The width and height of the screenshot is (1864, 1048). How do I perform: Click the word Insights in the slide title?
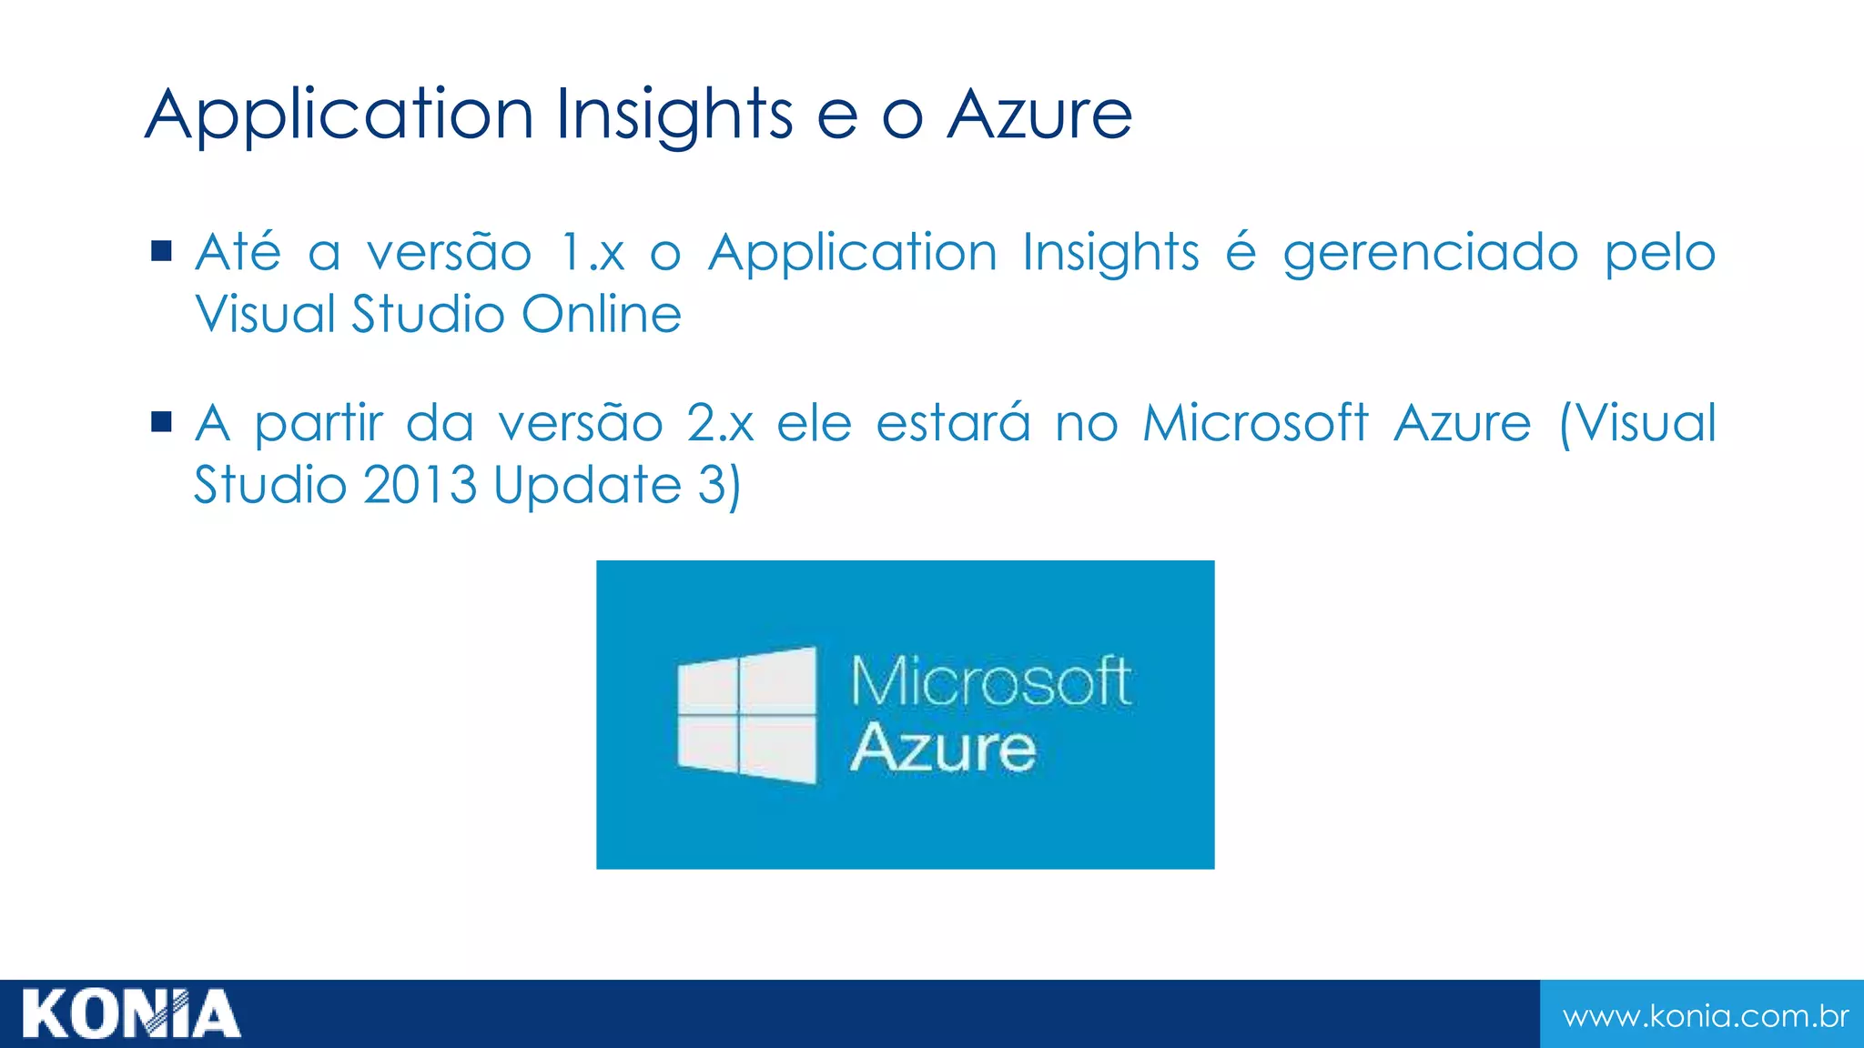click(x=674, y=116)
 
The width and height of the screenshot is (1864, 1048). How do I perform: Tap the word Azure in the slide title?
click(x=1039, y=116)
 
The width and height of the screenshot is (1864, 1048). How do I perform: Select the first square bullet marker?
click(x=162, y=251)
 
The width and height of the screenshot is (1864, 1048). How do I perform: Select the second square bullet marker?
click(x=162, y=422)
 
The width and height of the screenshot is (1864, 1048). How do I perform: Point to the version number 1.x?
click(x=593, y=253)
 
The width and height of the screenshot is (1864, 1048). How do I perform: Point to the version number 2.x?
click(x=720, y=424)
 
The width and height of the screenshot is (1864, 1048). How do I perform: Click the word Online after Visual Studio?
click(x=602, y=315)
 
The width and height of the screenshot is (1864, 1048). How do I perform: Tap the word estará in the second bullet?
click(x=953, y=424)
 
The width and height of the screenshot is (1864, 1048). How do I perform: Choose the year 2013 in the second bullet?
click(x=420, y=485)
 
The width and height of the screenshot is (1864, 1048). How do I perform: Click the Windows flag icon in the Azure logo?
click(x=747, y=715)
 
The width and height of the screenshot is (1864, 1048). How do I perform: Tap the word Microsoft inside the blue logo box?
click(x=990, y=681)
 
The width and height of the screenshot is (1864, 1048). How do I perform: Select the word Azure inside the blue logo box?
click(x=943, y=749)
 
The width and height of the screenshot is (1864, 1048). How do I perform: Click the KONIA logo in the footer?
click(x=131, y=1014)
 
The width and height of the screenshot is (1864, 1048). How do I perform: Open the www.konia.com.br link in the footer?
click(x=1705, y=1016)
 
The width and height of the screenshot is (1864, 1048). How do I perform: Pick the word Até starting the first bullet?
click(x=238, y=252)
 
